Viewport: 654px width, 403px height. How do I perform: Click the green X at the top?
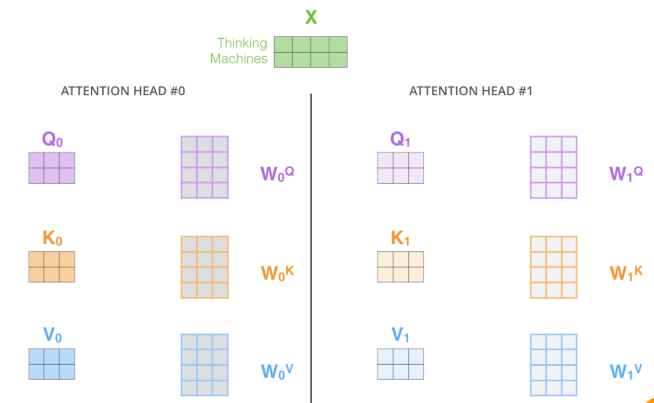[311, 17]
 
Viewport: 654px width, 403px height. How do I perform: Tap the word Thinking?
[242, 43]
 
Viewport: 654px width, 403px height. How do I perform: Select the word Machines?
[238, 59]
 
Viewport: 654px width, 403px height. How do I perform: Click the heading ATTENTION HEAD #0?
[123, 91]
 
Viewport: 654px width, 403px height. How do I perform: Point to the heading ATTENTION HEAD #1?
[471, 91]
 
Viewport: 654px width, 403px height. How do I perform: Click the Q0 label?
[52, 139]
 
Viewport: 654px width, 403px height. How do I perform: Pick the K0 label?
[52, 239]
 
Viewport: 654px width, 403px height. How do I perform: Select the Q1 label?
[400, 139]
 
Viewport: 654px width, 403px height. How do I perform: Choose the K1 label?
[400, 239]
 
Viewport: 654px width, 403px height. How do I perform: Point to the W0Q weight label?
[277, 173]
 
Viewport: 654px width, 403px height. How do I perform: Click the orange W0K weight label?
[277, 272]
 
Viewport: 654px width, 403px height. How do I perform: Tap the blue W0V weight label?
[278, 370]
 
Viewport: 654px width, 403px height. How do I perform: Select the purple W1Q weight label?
[626, 173]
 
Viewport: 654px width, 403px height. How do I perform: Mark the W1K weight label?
[626, 272]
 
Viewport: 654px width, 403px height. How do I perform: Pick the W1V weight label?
[626, 370]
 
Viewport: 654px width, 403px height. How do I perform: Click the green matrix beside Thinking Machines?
[311, 52]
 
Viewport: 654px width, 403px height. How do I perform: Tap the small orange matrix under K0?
[52, 267]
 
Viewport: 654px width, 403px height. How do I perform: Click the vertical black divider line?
[311, 248]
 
